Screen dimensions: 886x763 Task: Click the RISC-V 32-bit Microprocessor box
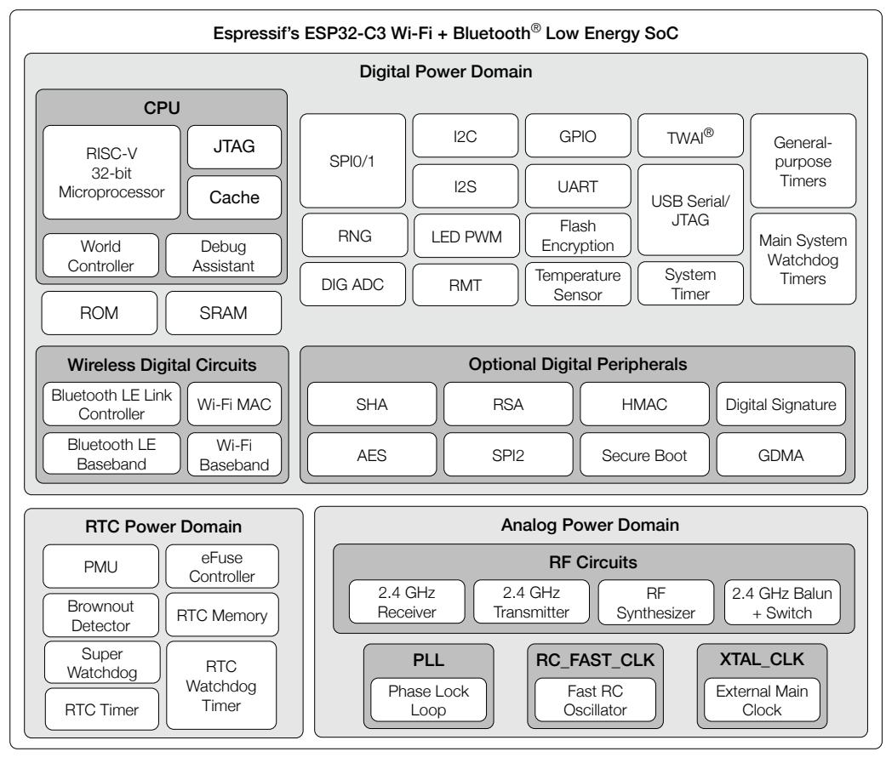point(111,173)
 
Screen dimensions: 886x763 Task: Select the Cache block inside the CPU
point(234,197)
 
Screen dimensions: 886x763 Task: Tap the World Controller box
point(100,255)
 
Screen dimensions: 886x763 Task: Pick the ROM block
point(100,313)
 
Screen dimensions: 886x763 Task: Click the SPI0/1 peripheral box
point(352,161)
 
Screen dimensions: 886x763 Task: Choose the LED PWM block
point(466,236)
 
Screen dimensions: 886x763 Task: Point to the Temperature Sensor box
point(578,285)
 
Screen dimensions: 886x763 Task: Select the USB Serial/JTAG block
point(690,210)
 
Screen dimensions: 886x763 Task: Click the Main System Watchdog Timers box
point(803,259)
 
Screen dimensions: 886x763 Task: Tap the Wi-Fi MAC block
point(234,404)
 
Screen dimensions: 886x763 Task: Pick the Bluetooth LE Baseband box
point(111,454)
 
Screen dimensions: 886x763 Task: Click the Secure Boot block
point(644,454)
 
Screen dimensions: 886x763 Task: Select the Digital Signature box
point(781,404)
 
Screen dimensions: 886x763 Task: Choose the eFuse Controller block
point(222,567)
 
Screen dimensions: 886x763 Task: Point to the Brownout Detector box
point(100,616)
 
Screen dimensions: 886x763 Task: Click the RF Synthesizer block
point(656,602)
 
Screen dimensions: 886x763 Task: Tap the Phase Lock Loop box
point(428,700)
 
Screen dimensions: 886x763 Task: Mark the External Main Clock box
point(762,700)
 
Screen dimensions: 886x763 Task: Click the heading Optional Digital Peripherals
point(578,364)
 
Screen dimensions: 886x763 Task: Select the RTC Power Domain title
point(163,527)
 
